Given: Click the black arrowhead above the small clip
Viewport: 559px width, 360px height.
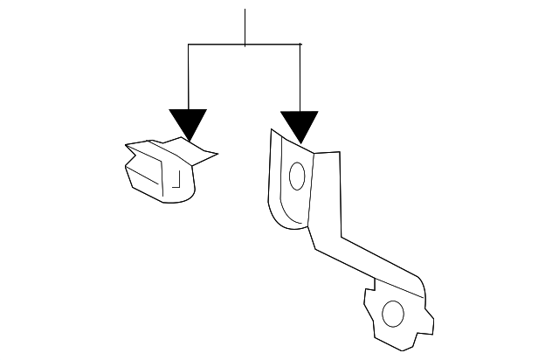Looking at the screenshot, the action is (x=189, y=123).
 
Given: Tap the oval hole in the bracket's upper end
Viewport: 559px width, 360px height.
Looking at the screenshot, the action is (x=296, y=177).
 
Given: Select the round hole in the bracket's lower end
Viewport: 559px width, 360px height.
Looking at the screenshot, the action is (x=393, y=313).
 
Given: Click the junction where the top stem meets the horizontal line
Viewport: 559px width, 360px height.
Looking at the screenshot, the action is (x=245, y=44).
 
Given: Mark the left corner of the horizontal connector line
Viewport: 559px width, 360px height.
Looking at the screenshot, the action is (x=189, y=44).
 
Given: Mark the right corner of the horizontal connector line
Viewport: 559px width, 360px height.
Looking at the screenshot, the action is (x=300, y=44).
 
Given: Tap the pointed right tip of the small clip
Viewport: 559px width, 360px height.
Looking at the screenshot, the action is (x=216, y=155).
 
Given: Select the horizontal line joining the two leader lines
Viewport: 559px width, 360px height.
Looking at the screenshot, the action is (x=218, y=44).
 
